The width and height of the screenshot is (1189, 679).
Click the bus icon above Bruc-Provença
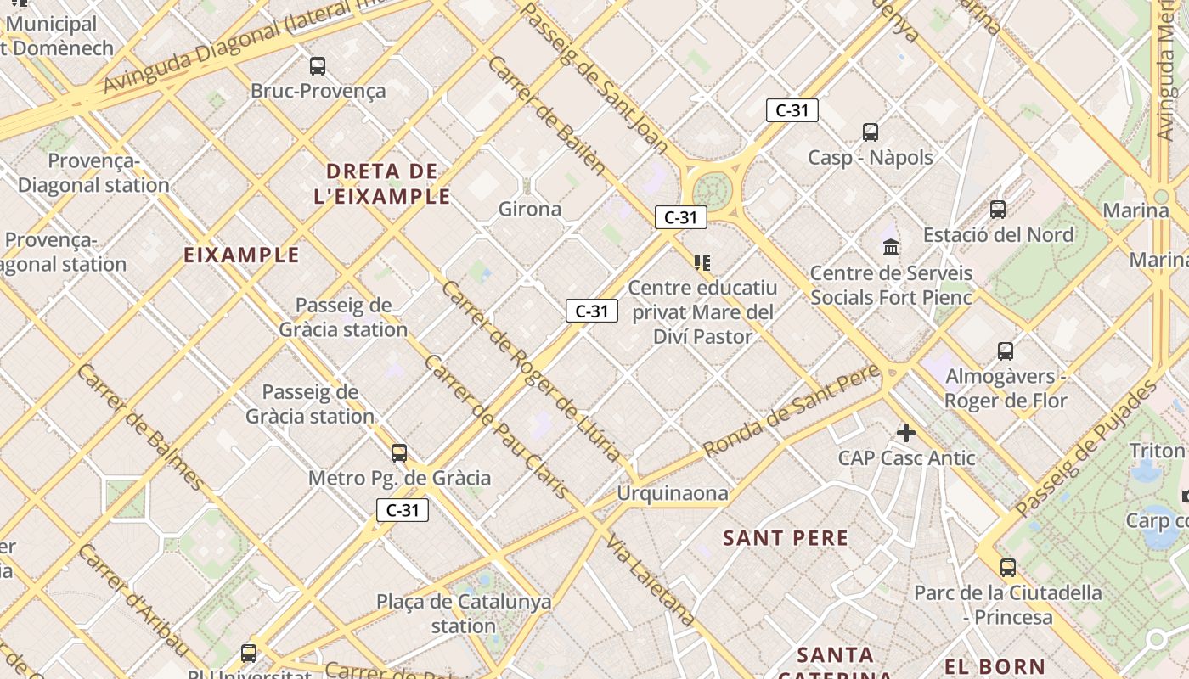[x=318, y=65]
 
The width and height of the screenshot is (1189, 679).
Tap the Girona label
[x=530, y=209]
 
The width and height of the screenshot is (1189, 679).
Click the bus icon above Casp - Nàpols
[x=871, y=132]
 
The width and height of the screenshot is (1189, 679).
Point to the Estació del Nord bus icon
[x=998, y=209]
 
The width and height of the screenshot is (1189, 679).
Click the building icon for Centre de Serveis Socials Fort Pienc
[x=891, y=247]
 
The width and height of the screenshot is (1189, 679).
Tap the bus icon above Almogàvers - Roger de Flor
[x=1006, y=351]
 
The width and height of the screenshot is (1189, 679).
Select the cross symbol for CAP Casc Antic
[x=906, y=433]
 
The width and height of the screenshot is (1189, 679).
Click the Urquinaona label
[x=673, y=493]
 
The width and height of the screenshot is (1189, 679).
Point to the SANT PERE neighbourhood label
[x=786, y=538]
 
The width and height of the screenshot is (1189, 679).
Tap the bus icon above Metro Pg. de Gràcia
[x=399, y=453]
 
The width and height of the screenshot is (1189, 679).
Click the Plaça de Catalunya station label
[x=464, y=614]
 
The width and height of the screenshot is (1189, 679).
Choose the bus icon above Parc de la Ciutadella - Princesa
[x=1008, y=567]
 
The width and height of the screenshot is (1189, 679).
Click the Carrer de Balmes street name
[x=141, y=427]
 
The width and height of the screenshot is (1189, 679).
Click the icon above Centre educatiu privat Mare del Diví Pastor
[x=702, y=263]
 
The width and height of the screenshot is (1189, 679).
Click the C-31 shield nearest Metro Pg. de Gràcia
[x=403, y=510]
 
